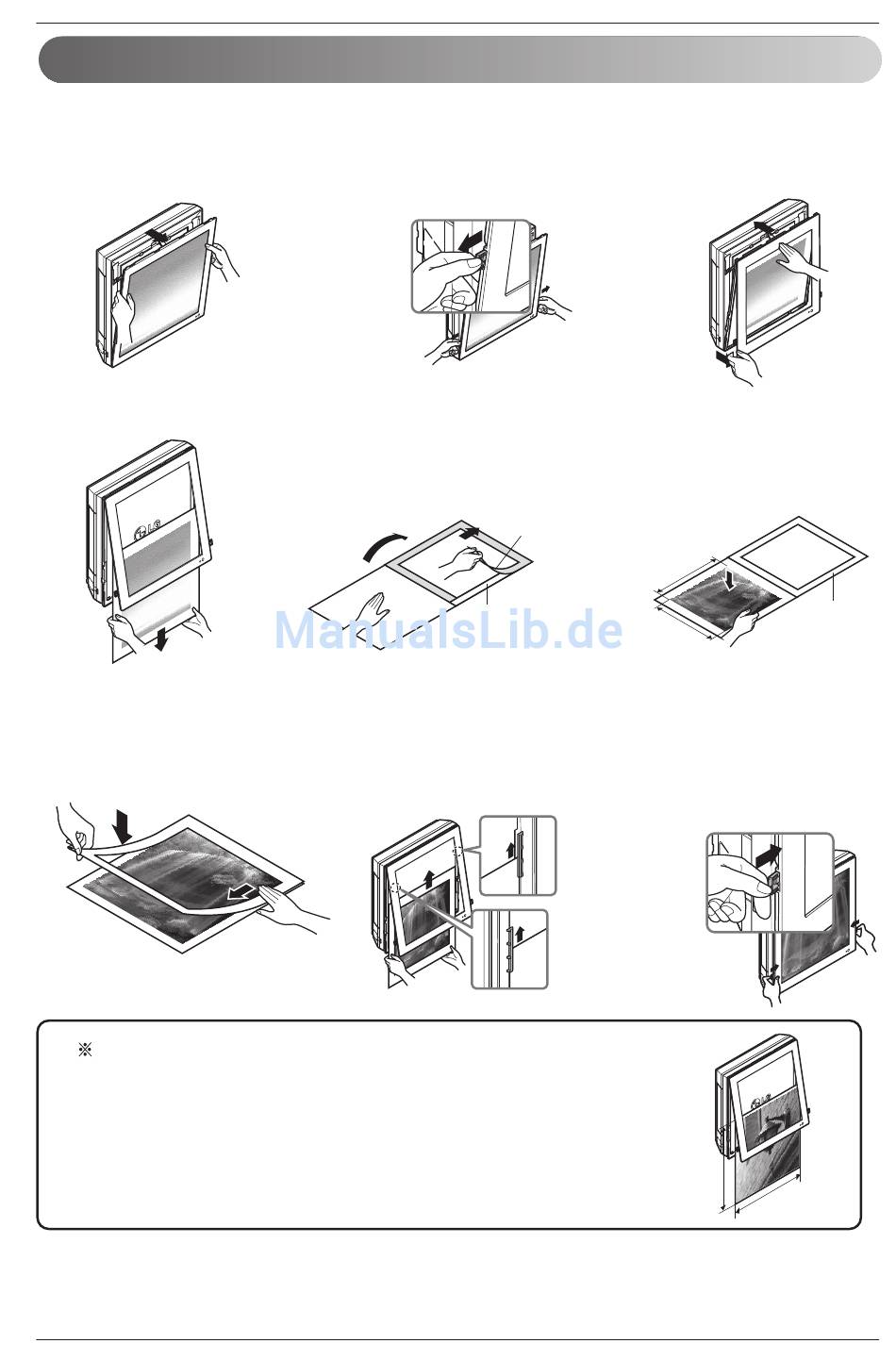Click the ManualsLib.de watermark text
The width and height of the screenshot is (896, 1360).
point(449,630)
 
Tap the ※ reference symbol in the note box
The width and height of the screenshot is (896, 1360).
point(85,1050)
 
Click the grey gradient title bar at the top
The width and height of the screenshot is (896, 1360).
point(459,58)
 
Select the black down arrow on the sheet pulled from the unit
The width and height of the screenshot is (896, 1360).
point(160,639)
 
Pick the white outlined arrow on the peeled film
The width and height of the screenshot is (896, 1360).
point(241,892)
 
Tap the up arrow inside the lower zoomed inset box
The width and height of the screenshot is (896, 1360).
point(519,933)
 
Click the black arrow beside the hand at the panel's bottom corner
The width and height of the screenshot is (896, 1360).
point(723,358)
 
